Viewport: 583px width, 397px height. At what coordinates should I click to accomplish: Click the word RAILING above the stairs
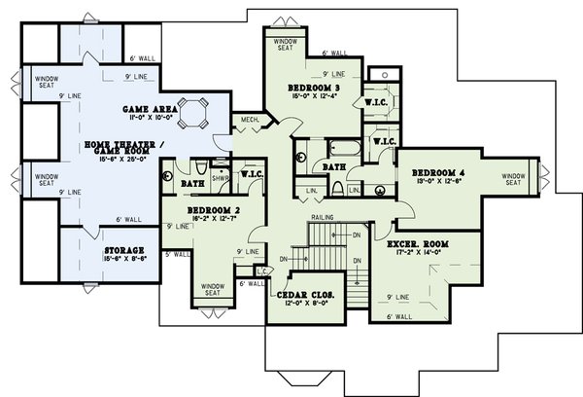(323, 217)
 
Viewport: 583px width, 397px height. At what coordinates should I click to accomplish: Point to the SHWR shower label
(221, 178)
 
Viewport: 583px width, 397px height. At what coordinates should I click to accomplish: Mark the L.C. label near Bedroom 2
(259, 271)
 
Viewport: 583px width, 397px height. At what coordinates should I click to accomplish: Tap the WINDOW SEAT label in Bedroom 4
(514, 180)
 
